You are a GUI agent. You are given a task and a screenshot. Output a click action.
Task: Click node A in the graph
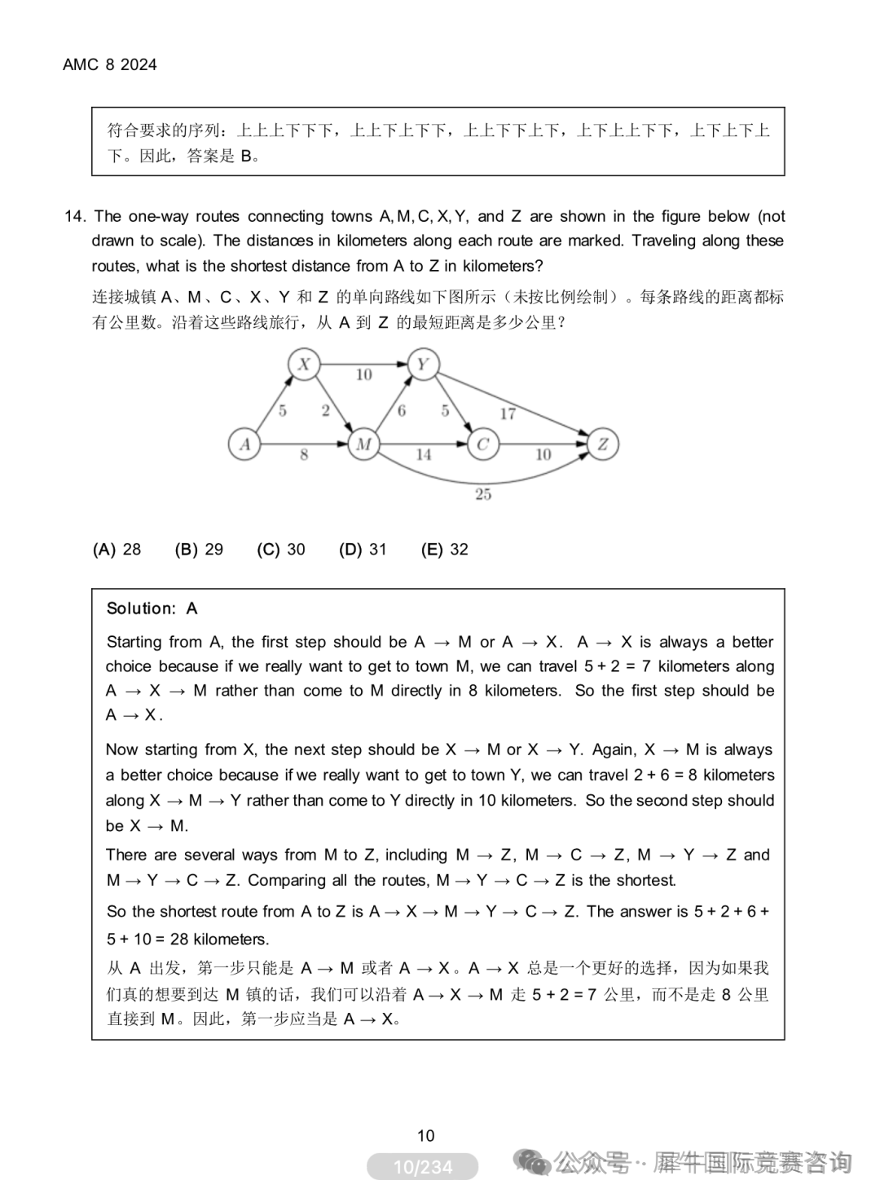pos(244,444)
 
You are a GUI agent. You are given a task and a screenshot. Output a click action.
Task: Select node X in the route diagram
pos(304,364)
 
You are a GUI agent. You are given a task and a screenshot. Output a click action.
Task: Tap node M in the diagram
pos(363,444)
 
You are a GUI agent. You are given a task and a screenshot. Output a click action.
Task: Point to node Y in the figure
pos(423,364)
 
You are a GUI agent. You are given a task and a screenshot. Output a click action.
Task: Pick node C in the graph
pos(482,444)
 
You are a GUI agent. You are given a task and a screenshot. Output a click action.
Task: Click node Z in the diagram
pos(603,444)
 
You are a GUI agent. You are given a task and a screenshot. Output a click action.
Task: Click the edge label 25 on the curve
pos(483,494)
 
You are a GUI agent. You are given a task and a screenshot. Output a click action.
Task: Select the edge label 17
pos(508,413)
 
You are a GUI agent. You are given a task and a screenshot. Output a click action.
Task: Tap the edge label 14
pos(424,455)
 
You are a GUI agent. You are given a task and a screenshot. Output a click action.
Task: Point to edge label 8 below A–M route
pos(304,455)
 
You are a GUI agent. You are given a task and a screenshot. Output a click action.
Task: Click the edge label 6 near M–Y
pos(401,411)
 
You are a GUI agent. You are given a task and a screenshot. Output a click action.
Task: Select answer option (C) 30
pos(280,550)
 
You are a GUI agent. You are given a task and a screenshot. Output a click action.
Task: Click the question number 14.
pos(75,217)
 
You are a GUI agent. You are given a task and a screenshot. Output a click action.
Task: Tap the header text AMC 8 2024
pos(110,65)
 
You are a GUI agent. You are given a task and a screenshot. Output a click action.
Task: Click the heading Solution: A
pos(152,608)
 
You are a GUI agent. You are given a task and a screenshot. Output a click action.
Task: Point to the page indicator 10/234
pos(422,1167)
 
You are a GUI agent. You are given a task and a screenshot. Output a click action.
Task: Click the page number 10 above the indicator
pos(425,1135)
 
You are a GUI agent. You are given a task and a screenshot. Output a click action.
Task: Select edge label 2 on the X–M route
pos(325,410)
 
